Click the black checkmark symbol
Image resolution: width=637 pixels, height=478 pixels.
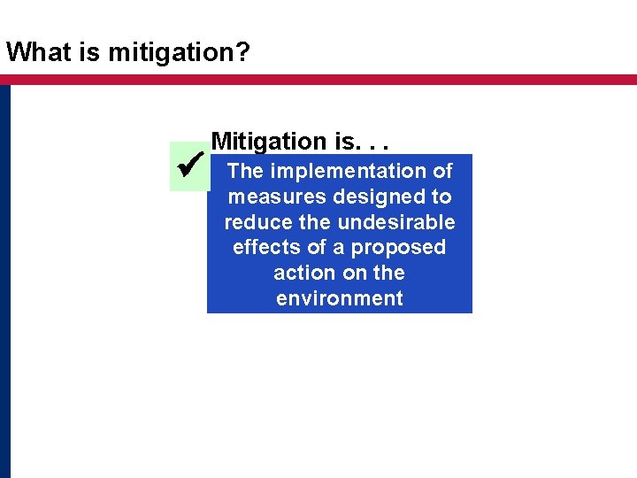pyautogui.click(x=191, y=166)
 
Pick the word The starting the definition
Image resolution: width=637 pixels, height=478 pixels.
pyautogui.click(x=245, y=171)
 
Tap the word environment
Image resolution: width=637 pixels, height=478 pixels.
pyautogui.click(x=340, y=298)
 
